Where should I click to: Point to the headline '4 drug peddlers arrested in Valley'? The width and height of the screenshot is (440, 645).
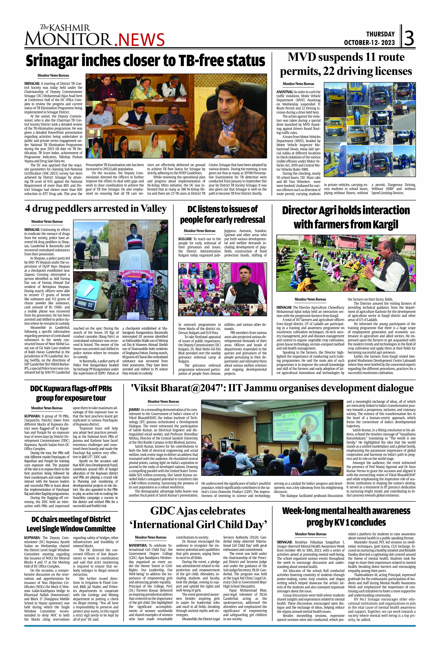(96, 209)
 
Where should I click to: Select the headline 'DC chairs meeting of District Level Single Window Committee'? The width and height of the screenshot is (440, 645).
(71, 524)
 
